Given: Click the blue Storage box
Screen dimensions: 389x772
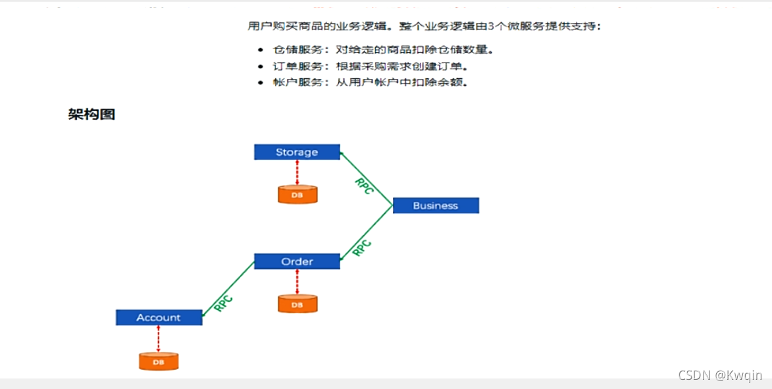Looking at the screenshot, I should coord(297,152).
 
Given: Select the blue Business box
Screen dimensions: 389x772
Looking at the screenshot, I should coord(436,205).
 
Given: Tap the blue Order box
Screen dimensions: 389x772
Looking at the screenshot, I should coord(297,261).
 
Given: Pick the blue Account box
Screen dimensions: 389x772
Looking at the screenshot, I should coord(159,317).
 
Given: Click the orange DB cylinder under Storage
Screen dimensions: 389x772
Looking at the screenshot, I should coord(297,195).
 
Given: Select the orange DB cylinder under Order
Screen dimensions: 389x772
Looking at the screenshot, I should coord(297,304).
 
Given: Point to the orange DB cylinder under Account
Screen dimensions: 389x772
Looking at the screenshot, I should coord(159,361).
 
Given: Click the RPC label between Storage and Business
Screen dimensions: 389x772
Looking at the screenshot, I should coord(364,186).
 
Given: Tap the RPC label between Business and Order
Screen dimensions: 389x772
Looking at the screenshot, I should coord(362,247).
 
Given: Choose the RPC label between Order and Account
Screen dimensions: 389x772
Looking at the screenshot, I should coord(224,303).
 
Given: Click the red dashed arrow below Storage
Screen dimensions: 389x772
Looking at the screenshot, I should coord(297,172).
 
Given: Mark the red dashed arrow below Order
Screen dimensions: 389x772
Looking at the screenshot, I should coord(297,282).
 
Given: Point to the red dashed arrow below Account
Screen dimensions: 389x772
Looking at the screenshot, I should coord(159,339).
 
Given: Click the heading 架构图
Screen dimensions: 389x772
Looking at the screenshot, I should coord(91,115).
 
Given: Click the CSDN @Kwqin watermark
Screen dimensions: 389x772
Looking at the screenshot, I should coord(720,375).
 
